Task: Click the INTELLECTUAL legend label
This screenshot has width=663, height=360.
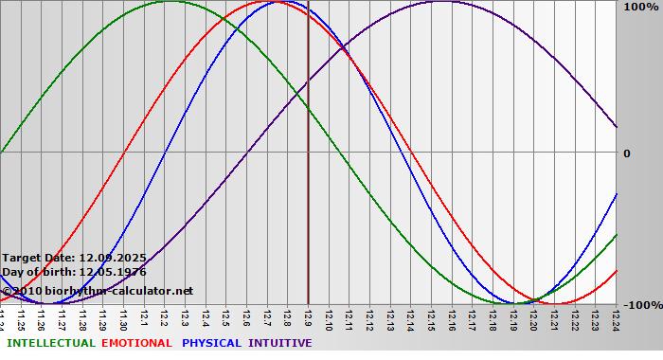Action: pos(49,343)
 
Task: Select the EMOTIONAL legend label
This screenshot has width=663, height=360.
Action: pos(136,343)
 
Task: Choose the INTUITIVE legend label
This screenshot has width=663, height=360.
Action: pos(280,343)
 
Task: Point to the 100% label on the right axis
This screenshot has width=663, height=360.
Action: pos(639,8)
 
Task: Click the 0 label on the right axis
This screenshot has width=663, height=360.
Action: pos(627,153)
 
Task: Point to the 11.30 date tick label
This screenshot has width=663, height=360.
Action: pos(123,320)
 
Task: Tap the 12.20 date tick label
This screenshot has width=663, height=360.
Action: pos(533,320)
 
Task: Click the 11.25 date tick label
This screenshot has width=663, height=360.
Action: pos(21,320)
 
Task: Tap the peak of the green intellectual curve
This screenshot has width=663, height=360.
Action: pos(169,1)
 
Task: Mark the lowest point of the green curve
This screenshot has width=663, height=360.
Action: pos(509,304)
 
